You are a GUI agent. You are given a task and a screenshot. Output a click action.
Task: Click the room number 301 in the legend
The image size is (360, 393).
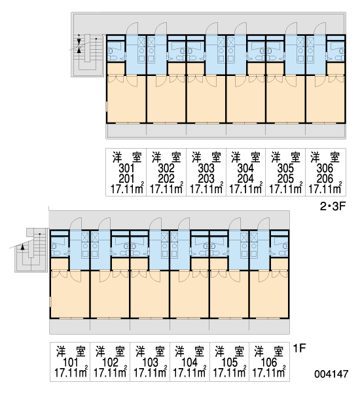126,168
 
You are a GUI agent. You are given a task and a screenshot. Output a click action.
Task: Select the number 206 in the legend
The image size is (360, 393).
325,179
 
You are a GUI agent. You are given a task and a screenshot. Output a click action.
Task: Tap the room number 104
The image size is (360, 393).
189,362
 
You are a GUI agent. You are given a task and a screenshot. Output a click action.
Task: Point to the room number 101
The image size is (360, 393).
71,362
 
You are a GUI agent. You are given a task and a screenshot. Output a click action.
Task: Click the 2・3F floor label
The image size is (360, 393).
333,206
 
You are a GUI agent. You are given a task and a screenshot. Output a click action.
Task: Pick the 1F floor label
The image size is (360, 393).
300,348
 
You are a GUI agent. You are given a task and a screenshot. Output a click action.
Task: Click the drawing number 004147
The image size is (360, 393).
331,374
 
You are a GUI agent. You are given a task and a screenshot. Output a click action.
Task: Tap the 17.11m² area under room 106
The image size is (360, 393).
269,373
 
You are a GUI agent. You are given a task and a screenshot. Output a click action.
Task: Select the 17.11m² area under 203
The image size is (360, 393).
206,189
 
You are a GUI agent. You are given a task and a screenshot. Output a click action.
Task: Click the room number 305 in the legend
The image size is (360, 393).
285,168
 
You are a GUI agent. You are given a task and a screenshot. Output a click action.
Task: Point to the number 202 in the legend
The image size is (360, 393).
166,179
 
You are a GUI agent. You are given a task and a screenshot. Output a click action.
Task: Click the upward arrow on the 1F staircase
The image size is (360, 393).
22,247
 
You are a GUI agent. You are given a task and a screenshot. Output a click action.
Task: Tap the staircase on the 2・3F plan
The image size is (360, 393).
87,55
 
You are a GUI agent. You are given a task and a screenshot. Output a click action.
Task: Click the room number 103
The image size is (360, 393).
150,362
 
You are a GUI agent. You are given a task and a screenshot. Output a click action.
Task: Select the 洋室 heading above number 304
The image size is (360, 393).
245,157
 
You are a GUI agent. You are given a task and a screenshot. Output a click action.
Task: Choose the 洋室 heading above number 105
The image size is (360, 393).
230,351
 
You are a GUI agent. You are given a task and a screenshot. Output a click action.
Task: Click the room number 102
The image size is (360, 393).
110,362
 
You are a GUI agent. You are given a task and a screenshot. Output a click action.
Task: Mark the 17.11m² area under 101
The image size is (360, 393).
71,373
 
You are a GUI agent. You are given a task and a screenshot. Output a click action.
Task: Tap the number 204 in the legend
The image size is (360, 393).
245,179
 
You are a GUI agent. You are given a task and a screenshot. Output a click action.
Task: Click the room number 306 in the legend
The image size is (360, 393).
325,168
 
